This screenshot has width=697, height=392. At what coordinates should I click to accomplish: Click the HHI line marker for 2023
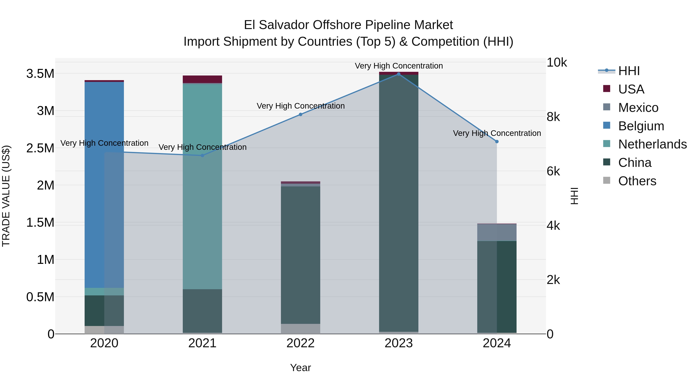point(399,74)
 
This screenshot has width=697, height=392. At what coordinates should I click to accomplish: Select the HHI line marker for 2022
point(300,114)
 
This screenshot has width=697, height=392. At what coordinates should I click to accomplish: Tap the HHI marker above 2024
point(497,142)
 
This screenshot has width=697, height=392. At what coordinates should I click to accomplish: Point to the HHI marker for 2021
point(202,156)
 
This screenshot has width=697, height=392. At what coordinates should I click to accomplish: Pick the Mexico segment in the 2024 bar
point(497,232)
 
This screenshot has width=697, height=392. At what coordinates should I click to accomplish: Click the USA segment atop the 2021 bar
point(202,79)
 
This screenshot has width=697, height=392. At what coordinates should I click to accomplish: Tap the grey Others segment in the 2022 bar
point(300,329)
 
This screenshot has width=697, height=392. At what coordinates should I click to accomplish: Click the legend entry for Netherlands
point(652,144)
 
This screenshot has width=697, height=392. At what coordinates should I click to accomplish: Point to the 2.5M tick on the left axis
point(40,148)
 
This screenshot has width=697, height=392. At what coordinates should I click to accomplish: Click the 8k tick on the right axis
point(553,117)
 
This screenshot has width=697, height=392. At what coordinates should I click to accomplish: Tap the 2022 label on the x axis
point(300,343)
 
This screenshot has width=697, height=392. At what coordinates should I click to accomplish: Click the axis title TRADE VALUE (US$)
point(6,196)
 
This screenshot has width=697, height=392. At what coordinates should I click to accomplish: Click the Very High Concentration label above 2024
point(497,133)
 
